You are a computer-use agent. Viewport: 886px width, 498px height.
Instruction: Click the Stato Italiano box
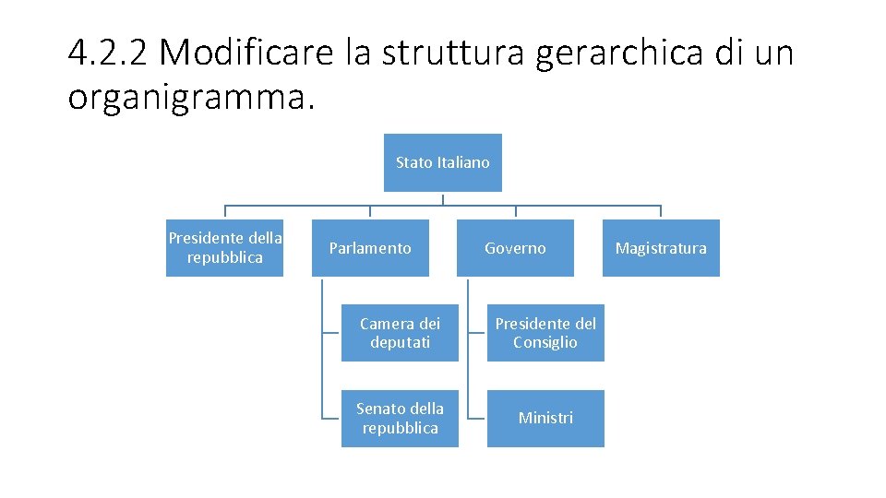[442, 163]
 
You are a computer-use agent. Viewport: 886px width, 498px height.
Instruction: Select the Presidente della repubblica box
[224, 248]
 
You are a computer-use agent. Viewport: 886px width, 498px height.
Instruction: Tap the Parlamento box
[370, 248]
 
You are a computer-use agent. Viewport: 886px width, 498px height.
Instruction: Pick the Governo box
[515, 248]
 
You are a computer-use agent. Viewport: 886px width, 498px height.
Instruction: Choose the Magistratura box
[661, 248]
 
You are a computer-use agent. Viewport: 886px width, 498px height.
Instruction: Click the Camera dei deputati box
[400, 333]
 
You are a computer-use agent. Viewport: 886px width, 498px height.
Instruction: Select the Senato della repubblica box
[400, 419]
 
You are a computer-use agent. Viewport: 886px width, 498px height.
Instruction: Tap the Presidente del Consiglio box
[545, 333]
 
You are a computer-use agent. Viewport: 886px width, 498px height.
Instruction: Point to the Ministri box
[545, 419]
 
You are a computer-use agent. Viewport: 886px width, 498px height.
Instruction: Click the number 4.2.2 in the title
[107, 53]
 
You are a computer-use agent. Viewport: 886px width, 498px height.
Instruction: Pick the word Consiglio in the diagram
[545, 343]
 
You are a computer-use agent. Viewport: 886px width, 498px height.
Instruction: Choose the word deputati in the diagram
[400, 343]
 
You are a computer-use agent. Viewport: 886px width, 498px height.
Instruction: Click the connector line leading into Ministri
[477, 418]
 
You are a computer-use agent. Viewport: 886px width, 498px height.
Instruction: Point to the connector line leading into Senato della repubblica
[331, 418]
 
